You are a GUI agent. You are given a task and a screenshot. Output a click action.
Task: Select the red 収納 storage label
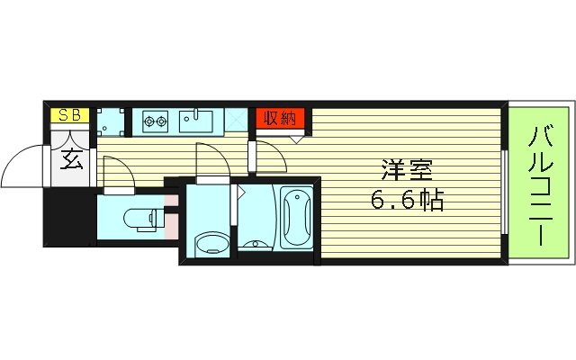point(281,118)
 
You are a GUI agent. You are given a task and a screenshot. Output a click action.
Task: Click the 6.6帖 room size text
point(406,200)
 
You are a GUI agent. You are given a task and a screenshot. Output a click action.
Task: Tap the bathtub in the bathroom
point(295,219)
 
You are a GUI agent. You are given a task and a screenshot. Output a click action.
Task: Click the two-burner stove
point(153,119)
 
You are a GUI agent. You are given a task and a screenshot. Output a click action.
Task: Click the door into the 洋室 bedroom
point(270,157)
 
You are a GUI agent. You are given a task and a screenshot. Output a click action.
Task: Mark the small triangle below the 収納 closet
point(295,138)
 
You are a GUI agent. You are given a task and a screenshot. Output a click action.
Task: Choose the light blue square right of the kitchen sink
point(237,119)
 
